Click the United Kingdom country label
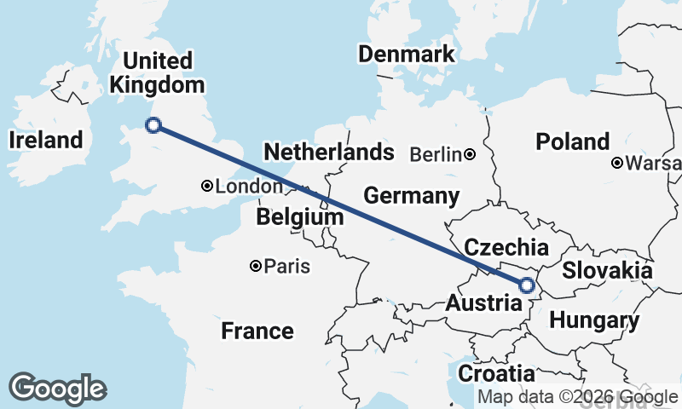(x=158, y=73)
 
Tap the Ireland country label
(x=46, y=141)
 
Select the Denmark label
(x=407, y=55)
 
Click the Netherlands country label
(x=329, y=153)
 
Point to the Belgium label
(x=300, y=218)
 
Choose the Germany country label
(x=412, y=196)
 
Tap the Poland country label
(x=573, y=141)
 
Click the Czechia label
(x=506, y=248)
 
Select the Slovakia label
(x=607, y=271)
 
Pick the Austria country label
(x=484, y=303)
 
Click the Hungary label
(x=594, y=321)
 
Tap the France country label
(x=257, y=331)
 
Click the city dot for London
(x=207, y=186)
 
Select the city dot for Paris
(x=255, y=267)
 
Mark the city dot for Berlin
(x=470, y=154)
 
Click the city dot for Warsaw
(x=616, y=163)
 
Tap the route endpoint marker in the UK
(x=153, y=125)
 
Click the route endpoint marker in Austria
(x=526, y=285)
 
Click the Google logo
(x=57, y=389)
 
